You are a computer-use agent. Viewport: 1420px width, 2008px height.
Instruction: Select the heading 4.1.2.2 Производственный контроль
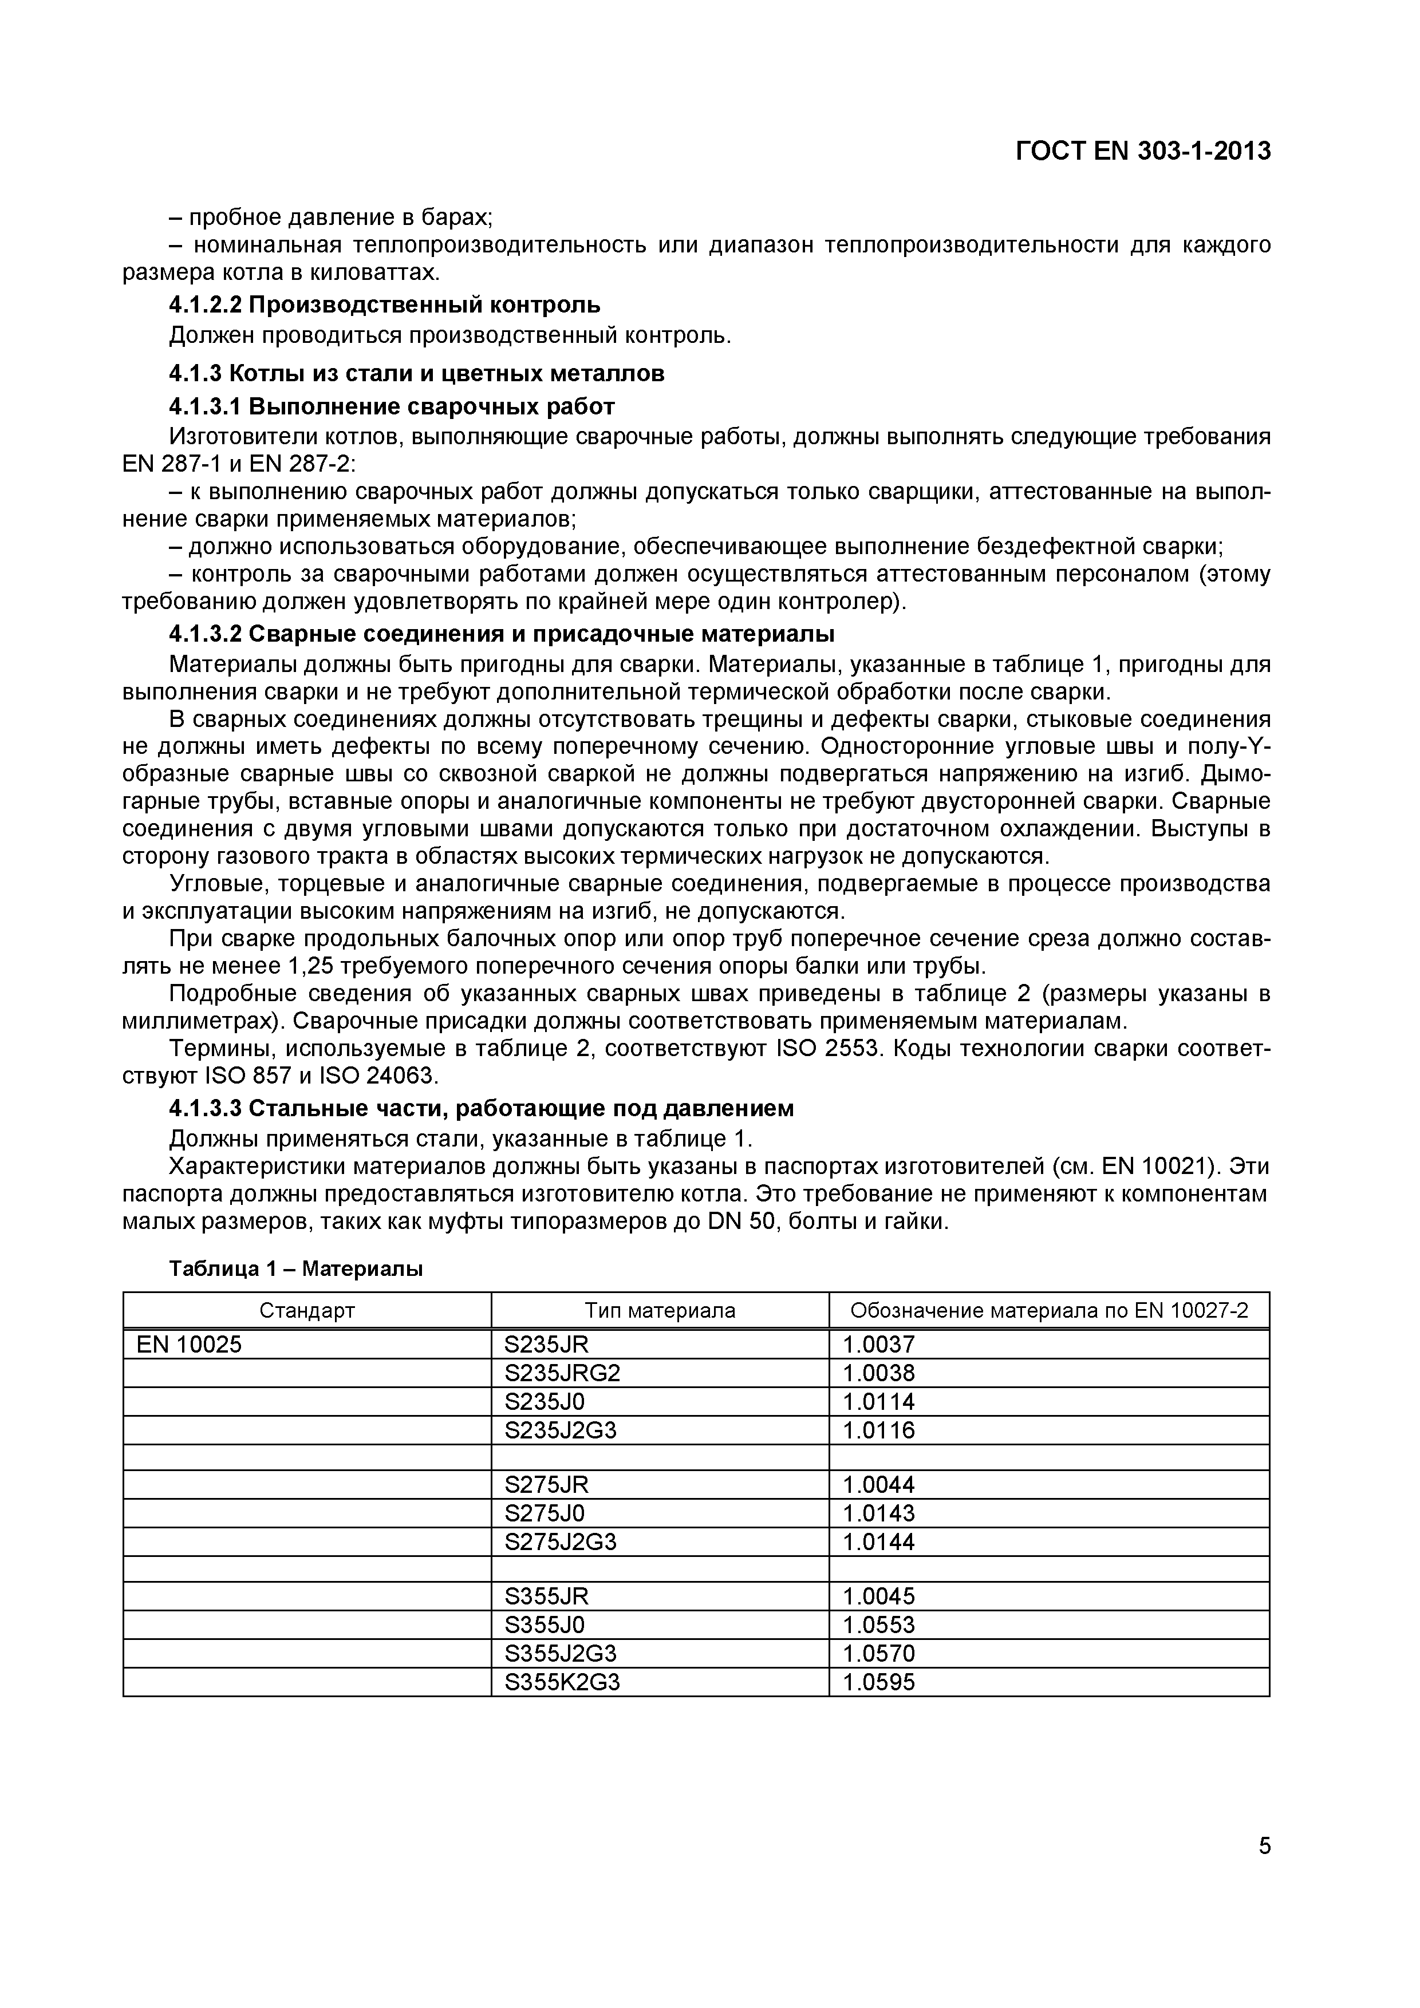pos(384,305)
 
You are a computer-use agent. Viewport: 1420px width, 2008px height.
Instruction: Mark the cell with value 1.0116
pos(878,1430)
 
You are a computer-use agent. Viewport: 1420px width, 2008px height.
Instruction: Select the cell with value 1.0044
pos(878,1484)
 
